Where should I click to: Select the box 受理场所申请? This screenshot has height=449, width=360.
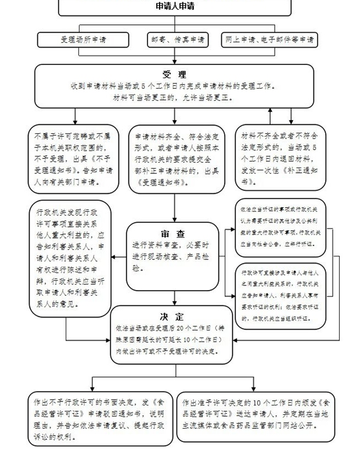[x=83, y=40]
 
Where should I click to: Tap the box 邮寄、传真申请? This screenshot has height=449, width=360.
[x=178, y=40]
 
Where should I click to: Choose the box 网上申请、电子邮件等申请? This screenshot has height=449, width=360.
[x=270, y=40]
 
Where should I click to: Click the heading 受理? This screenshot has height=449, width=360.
[x=174, y=74]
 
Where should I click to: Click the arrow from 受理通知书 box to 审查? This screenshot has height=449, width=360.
[x=175, y=207]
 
